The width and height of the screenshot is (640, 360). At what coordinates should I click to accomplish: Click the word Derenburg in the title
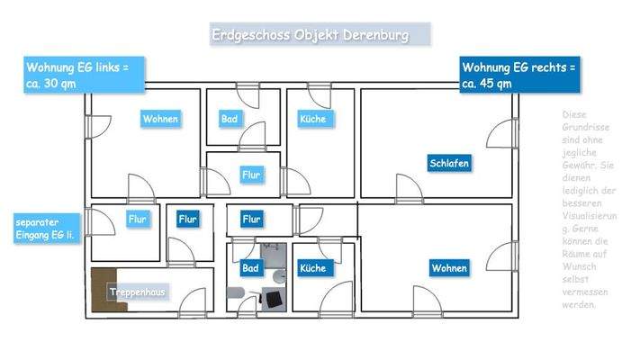pyautogui.click(x=373, y=35)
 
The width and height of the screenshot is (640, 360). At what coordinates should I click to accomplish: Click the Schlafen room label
pyautogui.click(x=449, y=165)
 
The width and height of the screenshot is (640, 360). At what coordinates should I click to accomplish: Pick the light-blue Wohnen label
pyautogui.click(x=160, y=119)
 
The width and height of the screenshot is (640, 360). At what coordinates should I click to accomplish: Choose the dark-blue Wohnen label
pyautogui.click(x=449, y=268)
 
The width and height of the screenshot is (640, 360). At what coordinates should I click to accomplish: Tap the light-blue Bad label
pyautogui.click(x=229, y=119)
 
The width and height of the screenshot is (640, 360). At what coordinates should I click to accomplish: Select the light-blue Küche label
pyautogui.click(x=312, y=119)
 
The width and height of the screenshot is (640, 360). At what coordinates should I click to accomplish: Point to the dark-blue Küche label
pyautogui.click(x=312, y=268)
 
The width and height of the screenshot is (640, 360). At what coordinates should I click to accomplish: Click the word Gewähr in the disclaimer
pyautogui.click(x=577, y=166)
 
